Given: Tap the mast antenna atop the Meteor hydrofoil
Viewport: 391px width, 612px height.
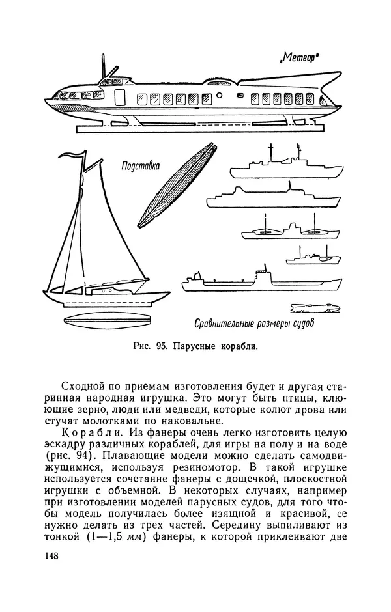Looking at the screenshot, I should click(104, 68).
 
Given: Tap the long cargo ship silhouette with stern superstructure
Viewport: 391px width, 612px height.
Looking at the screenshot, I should click(261, 281).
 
